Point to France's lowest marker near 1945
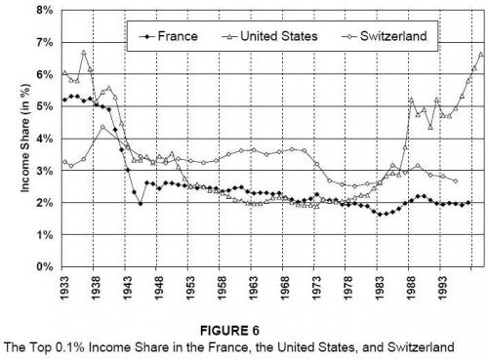[142, 203]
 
